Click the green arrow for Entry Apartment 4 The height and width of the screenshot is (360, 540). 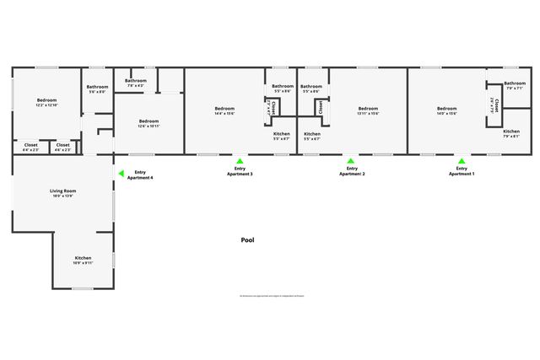(x=121, y=174)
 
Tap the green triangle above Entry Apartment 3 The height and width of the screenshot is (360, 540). (x=240, y=160)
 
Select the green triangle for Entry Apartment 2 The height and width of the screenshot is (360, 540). (x=351, y=160)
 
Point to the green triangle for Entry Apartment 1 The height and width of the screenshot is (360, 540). (x=461, y=160)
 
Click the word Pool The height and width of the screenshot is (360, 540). (x=247, y=240)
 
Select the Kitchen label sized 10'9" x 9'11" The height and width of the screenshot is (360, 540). (x=83, y=258)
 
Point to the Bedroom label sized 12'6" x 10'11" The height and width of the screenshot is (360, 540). (x=148, y=121)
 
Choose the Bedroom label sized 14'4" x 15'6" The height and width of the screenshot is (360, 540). (x=224, y=108)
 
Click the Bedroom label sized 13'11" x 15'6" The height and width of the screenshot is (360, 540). (x=368, y=108)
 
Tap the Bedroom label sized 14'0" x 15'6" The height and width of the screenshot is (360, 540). (x=446, y=108)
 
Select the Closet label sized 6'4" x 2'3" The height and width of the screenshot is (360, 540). (x=31, y=145)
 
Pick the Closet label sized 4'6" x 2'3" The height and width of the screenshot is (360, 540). (x=62, y=145)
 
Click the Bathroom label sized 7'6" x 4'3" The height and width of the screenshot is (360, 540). (x=136, y=81)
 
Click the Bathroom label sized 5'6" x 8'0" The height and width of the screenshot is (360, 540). (x=97, y=87)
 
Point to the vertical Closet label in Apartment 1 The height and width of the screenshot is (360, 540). (x=497, y=105)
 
